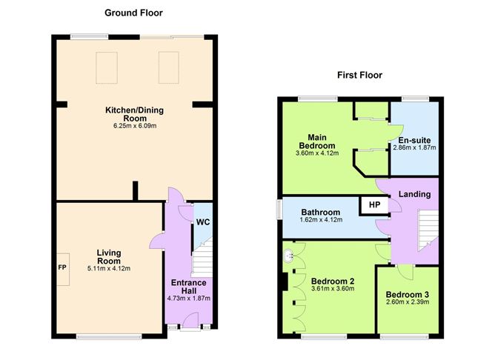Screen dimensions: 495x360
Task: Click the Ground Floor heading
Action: [x=133, y=13]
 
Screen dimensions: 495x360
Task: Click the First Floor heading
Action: [x=359, y=75]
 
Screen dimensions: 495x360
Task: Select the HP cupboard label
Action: [x=374, y=205]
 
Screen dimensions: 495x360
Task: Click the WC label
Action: [x=203, y=222]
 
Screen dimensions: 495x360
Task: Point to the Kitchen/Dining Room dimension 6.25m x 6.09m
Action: [x=135, y=126]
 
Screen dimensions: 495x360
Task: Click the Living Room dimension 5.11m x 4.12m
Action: [x=109, y=268]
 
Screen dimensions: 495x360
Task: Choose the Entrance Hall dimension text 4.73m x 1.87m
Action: [x=188, y=299]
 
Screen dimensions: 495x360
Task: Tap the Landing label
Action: [x=414, y=194]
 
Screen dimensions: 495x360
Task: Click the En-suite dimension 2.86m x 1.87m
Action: [x=414, y=147]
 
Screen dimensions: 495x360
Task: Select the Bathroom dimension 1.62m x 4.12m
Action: [x=321, y=219]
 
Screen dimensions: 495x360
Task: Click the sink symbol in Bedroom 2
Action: [x=288, y=256]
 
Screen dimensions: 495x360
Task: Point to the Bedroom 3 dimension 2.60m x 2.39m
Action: [x=408, y=302]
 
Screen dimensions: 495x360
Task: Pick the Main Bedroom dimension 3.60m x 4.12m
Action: [x=317, y=153]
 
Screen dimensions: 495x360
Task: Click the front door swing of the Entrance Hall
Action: [x=190, y=321]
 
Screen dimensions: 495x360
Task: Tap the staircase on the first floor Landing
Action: [x=428, y=230]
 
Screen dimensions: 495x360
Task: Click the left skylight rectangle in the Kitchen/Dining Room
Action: [x=107, y=68]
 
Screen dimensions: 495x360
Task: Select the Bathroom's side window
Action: [x=279, y=209]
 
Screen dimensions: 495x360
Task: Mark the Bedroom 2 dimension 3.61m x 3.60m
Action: [x=333, y=289]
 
